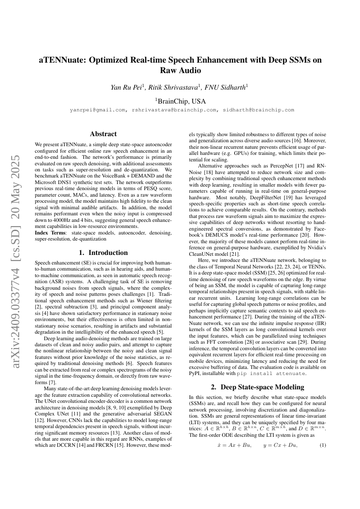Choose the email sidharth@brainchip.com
coord(258,110)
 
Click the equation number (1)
coord(323,445)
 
